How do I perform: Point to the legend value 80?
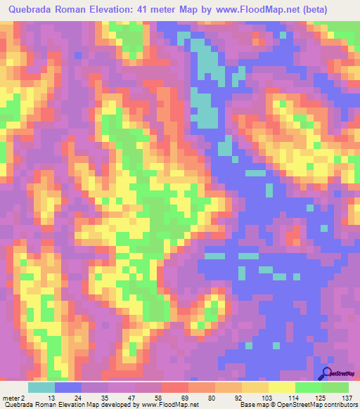(202, 397)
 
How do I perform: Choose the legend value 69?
(175, 397)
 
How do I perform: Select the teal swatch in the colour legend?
(41, 387)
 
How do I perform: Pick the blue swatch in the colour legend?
(68, 387)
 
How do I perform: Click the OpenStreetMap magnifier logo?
(327, 374)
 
